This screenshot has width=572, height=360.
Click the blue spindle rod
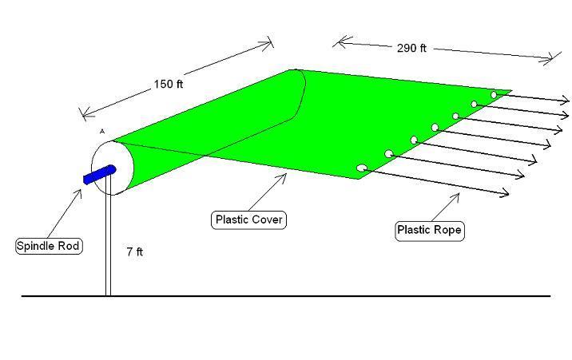click(x=100, y=175)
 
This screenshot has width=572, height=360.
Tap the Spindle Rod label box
click(x=49, y=246)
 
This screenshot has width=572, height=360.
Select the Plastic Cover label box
click(x=248, y=220)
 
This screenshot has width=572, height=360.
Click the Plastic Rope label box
click(x=430, y=230)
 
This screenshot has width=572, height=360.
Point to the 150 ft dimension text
click(x=169, y=84)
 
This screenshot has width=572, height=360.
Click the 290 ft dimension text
click(x=411, y=48)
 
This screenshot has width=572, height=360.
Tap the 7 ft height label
click(x=134, y=251)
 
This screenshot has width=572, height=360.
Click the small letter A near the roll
click(x=102, y=131)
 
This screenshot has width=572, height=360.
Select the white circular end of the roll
click(x=113, y=168)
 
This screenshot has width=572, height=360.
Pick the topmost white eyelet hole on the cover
click(x=494, y=95)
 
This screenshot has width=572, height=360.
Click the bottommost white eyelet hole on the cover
click(x=362, y=168)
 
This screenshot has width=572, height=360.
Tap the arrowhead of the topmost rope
click(x=566, y=100)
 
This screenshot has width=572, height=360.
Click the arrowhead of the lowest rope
click(x=505, y=192)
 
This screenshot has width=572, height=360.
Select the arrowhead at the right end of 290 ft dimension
click(x=553, y=58)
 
